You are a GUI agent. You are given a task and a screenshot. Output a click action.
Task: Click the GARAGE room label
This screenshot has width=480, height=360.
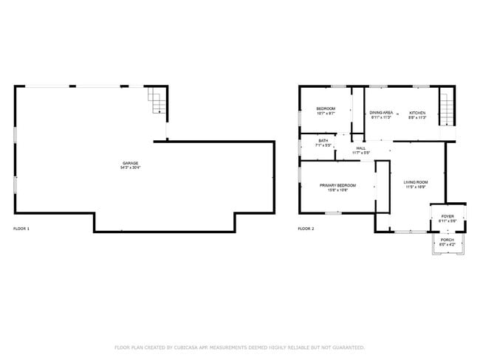point(130,163)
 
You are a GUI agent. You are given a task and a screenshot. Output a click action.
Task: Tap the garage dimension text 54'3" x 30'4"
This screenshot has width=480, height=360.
point(130,168)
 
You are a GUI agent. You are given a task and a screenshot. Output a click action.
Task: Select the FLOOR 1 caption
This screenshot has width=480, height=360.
point(21,229)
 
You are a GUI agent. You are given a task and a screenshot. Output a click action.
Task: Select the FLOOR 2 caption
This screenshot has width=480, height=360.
point(306,229)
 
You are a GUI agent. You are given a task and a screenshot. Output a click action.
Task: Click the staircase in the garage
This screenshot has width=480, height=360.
point(156,101)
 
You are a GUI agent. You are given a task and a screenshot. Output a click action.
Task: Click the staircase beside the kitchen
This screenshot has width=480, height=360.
point(446,106)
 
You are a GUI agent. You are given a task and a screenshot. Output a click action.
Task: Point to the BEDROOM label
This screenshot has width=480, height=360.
point(326,108)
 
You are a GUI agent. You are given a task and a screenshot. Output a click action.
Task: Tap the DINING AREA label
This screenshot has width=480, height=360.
point(382,112)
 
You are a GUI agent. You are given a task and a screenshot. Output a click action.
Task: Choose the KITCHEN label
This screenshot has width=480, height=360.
point(418,112)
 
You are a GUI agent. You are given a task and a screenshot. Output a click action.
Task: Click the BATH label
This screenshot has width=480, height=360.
point(323,140)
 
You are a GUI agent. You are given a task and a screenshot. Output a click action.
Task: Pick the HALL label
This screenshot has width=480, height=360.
point(361,148)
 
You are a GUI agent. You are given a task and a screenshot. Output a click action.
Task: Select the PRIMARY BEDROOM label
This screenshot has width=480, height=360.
point(337,185)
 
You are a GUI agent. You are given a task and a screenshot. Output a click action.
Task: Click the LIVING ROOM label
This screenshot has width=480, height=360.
point(416,181)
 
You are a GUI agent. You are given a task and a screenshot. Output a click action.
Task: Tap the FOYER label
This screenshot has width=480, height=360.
point(448,216)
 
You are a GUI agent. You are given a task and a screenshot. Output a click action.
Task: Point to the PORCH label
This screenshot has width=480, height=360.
point(448,239)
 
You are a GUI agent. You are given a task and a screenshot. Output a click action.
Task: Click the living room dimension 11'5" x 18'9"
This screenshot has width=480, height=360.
point(416,187)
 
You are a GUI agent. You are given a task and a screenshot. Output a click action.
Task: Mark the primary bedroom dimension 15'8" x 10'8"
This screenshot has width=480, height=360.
point(337,190)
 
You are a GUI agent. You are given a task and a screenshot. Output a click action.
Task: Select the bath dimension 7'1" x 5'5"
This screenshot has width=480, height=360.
point(323,145)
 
